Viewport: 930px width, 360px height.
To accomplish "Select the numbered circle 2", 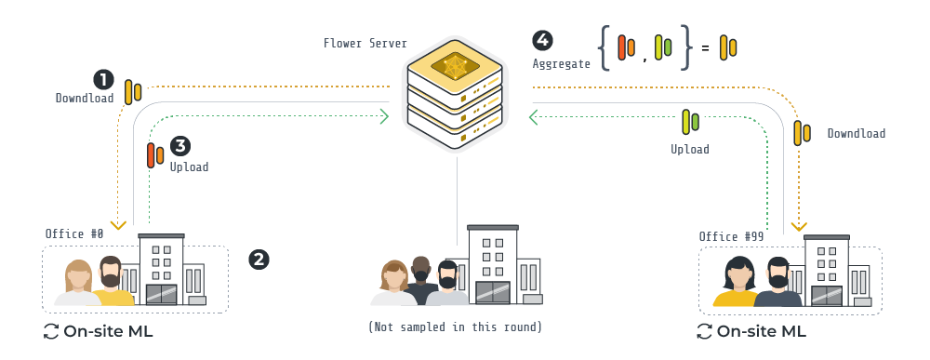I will pyautogui.click(x=259, y=259).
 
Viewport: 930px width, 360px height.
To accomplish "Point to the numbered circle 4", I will pyautogui.click(x=541, y=40).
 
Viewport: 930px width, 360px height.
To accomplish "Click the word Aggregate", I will pyautogui.click(x=562, y=64).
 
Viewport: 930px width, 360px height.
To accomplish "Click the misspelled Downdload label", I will pyautogui.click(x=857, y=134).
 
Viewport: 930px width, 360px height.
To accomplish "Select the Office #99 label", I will pyautogui.click(x=731, y=236).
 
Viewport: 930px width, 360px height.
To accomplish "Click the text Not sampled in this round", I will pyautogui.click(x=455, y=327).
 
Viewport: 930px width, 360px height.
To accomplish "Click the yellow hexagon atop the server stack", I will pyautogui.click(x=456, y=67).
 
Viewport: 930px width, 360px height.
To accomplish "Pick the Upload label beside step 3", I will pyautogui.click(x=189, y=167).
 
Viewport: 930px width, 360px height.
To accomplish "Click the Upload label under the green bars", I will pyautogui.click(x=689, y=149).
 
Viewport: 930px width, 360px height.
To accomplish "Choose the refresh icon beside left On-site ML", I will pyautogui.click(x=51, y=331).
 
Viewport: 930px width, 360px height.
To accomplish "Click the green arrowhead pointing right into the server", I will pyautogui.click(x=382, y=116).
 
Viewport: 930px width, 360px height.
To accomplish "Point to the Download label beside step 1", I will pyautogui.click(x=85, y=98).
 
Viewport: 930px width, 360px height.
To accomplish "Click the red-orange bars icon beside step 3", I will pyautogui.click(x=155, y=154).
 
